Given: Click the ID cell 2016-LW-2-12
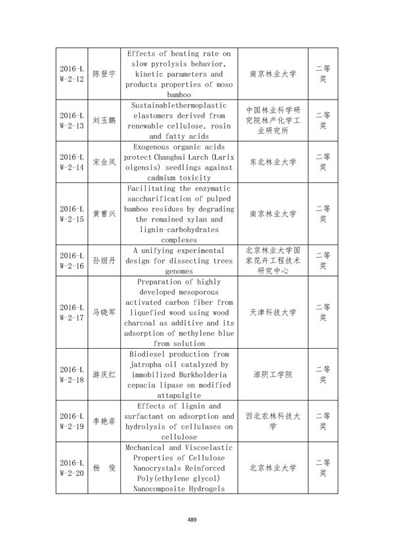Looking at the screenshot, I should tap(72, 73).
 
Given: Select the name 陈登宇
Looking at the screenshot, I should tap(104, 73).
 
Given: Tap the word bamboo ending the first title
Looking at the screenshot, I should tap(179, 95).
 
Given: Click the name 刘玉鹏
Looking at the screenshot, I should tap(104, 121).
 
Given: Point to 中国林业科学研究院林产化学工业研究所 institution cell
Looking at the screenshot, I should tap(273, 120).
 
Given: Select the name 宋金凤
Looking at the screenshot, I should tap(104, 162).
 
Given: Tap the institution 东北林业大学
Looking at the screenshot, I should tap(273, 162).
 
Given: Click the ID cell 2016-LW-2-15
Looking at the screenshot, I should tap(72, 214).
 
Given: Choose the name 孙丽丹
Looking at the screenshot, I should tap(104, 260).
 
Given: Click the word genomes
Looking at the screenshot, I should tap(179, 271).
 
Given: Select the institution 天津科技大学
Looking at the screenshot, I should tap(273, 312).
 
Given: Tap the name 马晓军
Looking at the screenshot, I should tap(104, 312).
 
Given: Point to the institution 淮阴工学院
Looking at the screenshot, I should tap(273, 374).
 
